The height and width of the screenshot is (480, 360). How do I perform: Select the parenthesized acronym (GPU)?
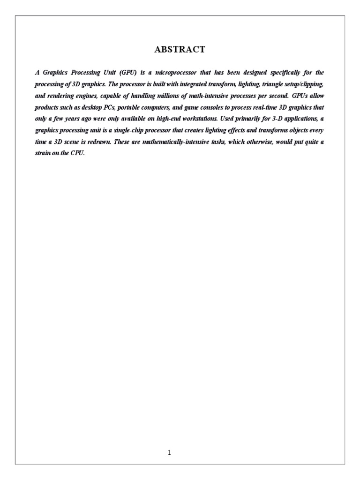pyautogui.click(x=128, y=73)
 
